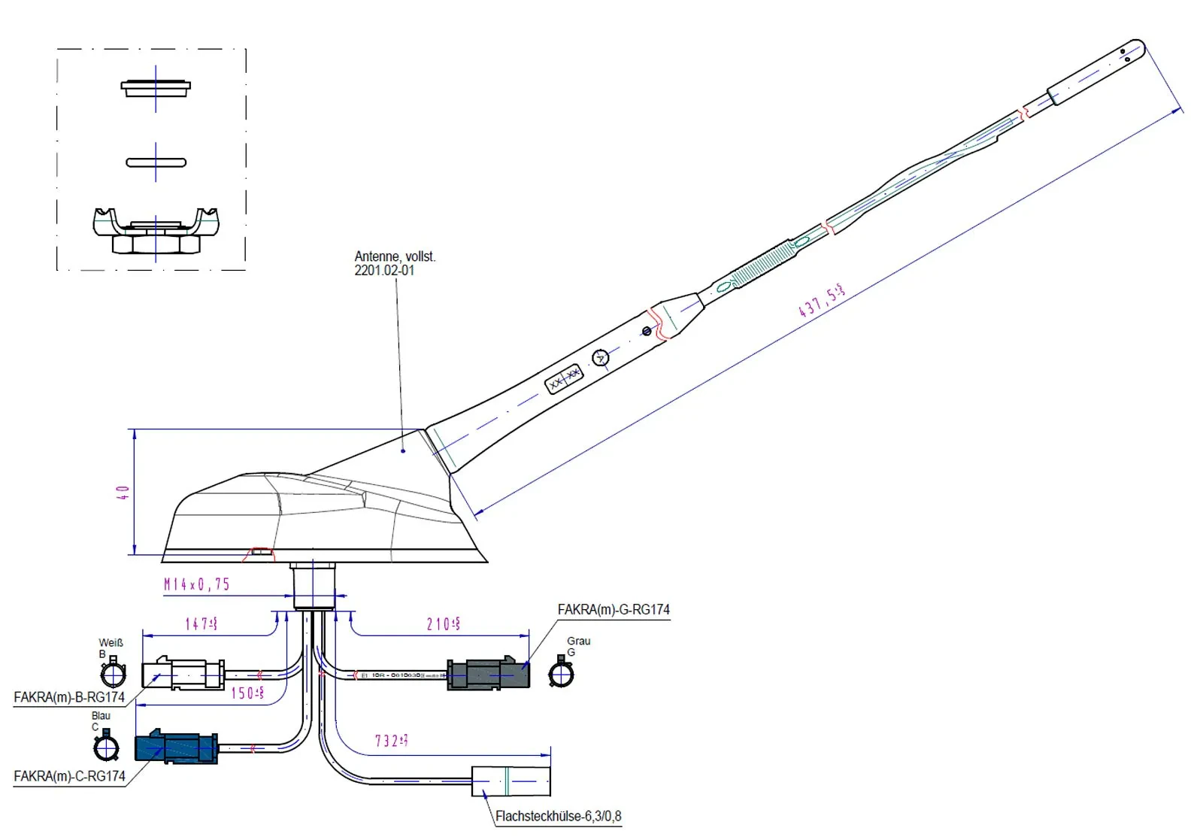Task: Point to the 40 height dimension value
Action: tap(123, 493)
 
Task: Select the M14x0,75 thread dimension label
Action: tap(197, 584)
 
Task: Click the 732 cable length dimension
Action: tap(391, 741)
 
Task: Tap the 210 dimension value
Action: tap(443, 624)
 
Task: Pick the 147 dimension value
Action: tap(201, 623)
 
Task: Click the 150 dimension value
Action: tap(247, 693)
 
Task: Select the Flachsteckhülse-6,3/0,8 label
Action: tap(558, 816)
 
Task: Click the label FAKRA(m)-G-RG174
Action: tap(614, 610)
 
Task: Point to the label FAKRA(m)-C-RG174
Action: tap(69, 776)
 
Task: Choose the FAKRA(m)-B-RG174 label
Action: tap(69, 697)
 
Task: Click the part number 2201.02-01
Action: tap(384, 271)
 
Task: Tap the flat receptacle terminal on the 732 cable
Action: tap(511, 781)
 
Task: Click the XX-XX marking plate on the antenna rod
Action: tap(564, 379)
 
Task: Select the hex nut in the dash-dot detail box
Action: tap(156, 244)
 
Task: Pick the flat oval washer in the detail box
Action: tap(156, 162)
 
